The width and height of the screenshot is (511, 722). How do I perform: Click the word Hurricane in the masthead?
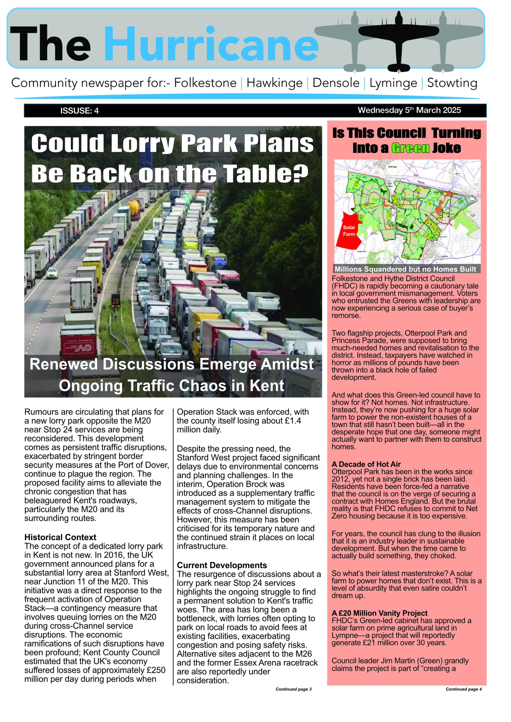[x=211, y=44]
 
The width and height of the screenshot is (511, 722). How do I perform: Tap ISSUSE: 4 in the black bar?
[x=79, y=111]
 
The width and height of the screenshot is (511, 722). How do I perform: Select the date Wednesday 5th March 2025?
[x=409, y=110]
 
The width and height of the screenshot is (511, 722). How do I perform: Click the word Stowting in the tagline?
[x=452, y=83]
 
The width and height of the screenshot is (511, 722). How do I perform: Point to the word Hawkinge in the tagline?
[x=274, y=83]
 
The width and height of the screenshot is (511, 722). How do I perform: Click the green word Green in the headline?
[x=410, y=148]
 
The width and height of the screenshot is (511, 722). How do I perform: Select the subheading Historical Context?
[x=60, y=537]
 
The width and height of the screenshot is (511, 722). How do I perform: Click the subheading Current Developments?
[x=222, y=565]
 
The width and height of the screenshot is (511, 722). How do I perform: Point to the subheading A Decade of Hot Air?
[x=366, y=464]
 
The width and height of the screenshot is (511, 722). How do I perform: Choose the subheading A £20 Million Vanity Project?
[x=380, y=613]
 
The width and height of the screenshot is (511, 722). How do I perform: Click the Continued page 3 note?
[x=293, y=689]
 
